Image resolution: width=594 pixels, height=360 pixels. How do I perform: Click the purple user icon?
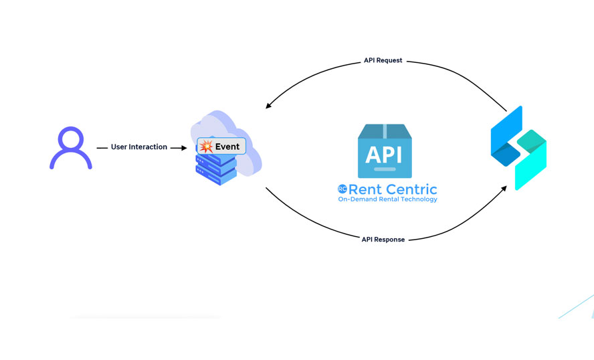tap(70, 149)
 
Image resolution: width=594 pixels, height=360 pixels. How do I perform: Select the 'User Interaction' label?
tap(139, 147)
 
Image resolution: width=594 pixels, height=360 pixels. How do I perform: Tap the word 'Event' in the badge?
tap(227, 147)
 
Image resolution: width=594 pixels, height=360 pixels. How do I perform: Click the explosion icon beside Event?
tap(206, 147)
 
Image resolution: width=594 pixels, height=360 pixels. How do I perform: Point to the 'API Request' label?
tap(383, 60)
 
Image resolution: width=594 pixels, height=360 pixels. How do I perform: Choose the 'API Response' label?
tap(383, 240)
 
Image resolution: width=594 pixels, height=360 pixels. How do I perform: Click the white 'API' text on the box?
tap(385, 154)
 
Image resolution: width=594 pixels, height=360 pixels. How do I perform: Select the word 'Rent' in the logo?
tap(367, 189)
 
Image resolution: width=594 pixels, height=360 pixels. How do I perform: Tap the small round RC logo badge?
tap(342, 189)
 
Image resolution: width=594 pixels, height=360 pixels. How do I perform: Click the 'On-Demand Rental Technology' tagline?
tap(387, 199)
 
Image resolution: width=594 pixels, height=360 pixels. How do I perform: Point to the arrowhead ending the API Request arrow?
tap(268, 106)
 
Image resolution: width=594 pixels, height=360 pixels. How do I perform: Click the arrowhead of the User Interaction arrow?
tap(183, 147)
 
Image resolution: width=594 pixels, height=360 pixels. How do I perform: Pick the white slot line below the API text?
tap(385, 169)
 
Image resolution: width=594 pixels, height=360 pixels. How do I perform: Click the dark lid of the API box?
tap(385, 130)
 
